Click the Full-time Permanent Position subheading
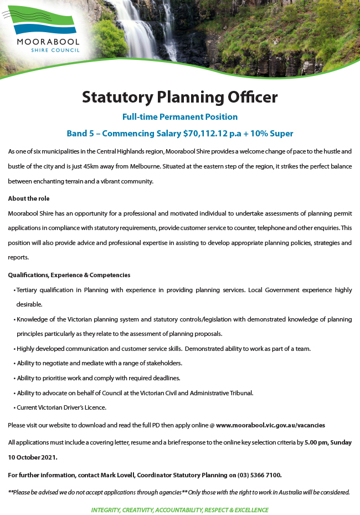tap(180, 117)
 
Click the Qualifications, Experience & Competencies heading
tap(69, 275)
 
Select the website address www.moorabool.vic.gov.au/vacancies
tap(270, 425)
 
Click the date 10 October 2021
tap(33, 457)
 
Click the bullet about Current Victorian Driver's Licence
tap(61, 407)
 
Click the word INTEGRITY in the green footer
tap(105, 510)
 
